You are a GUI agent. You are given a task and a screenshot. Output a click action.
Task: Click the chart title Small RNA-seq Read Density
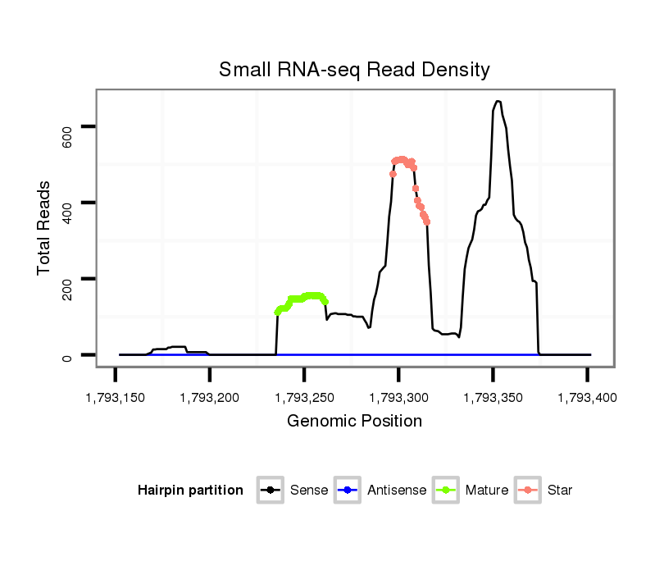[354, 70]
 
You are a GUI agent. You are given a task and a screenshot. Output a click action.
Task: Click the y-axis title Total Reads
[44, 227]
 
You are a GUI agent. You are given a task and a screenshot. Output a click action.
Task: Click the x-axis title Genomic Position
[354, 422]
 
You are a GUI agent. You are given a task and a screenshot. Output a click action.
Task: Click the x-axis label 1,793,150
[116, 398]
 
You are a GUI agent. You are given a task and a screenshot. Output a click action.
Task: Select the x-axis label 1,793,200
[210, 398]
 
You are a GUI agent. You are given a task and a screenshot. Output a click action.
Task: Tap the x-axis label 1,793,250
[304, 398]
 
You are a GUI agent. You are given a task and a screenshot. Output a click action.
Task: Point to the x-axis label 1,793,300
[398, 398]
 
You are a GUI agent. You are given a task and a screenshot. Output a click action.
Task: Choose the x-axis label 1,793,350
[493, 398]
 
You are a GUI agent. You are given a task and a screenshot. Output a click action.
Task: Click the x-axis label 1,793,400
[587, 398]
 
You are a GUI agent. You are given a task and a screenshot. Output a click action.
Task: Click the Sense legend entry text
[309, 491]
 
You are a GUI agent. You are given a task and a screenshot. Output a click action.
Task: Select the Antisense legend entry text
[397, 491]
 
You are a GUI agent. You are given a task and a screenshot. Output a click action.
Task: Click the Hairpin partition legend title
[190, 491]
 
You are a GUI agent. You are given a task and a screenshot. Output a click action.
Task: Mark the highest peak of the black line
[497, 101]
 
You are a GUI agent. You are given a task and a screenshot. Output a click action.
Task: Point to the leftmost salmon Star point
[393, 174]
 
